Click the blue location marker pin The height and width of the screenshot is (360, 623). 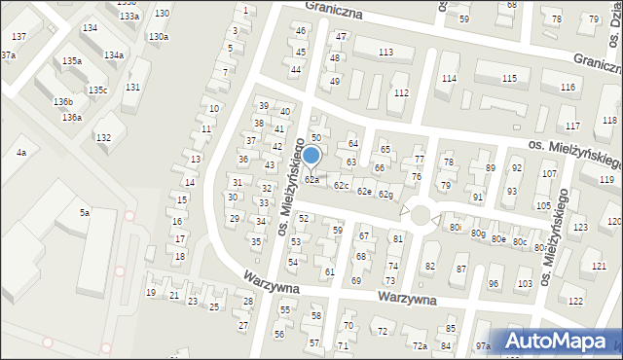(x=311, y=156)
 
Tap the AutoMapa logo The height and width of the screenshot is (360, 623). (x=564, y=341)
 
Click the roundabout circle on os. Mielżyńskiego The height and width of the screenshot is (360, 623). (x=421, y=213)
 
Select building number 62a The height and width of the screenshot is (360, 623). (x=311, y=180)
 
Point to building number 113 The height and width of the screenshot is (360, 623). (x=385, y=52)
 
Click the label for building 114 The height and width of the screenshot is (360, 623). (x=449, y=78)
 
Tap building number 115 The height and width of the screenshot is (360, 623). (x=509, y=78)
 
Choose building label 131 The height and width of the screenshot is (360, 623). (x=131, y=88)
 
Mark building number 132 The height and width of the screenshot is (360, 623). (x=103, y=138)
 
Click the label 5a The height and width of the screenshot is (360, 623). (x=85, y=212)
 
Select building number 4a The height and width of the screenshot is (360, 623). (x=20, y=153)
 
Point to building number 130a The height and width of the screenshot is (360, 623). (x=158, y=37)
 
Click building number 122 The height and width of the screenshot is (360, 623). (x=576, y=301)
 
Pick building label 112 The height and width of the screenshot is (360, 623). (x=401, y=92)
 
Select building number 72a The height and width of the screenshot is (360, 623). (x=420, y=345)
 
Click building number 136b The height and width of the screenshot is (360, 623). (x=63, y=101)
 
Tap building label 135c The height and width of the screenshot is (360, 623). (x=97, y=90)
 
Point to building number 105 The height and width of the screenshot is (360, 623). (x=542, y=206)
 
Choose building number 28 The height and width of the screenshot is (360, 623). (x=248, y=302)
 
